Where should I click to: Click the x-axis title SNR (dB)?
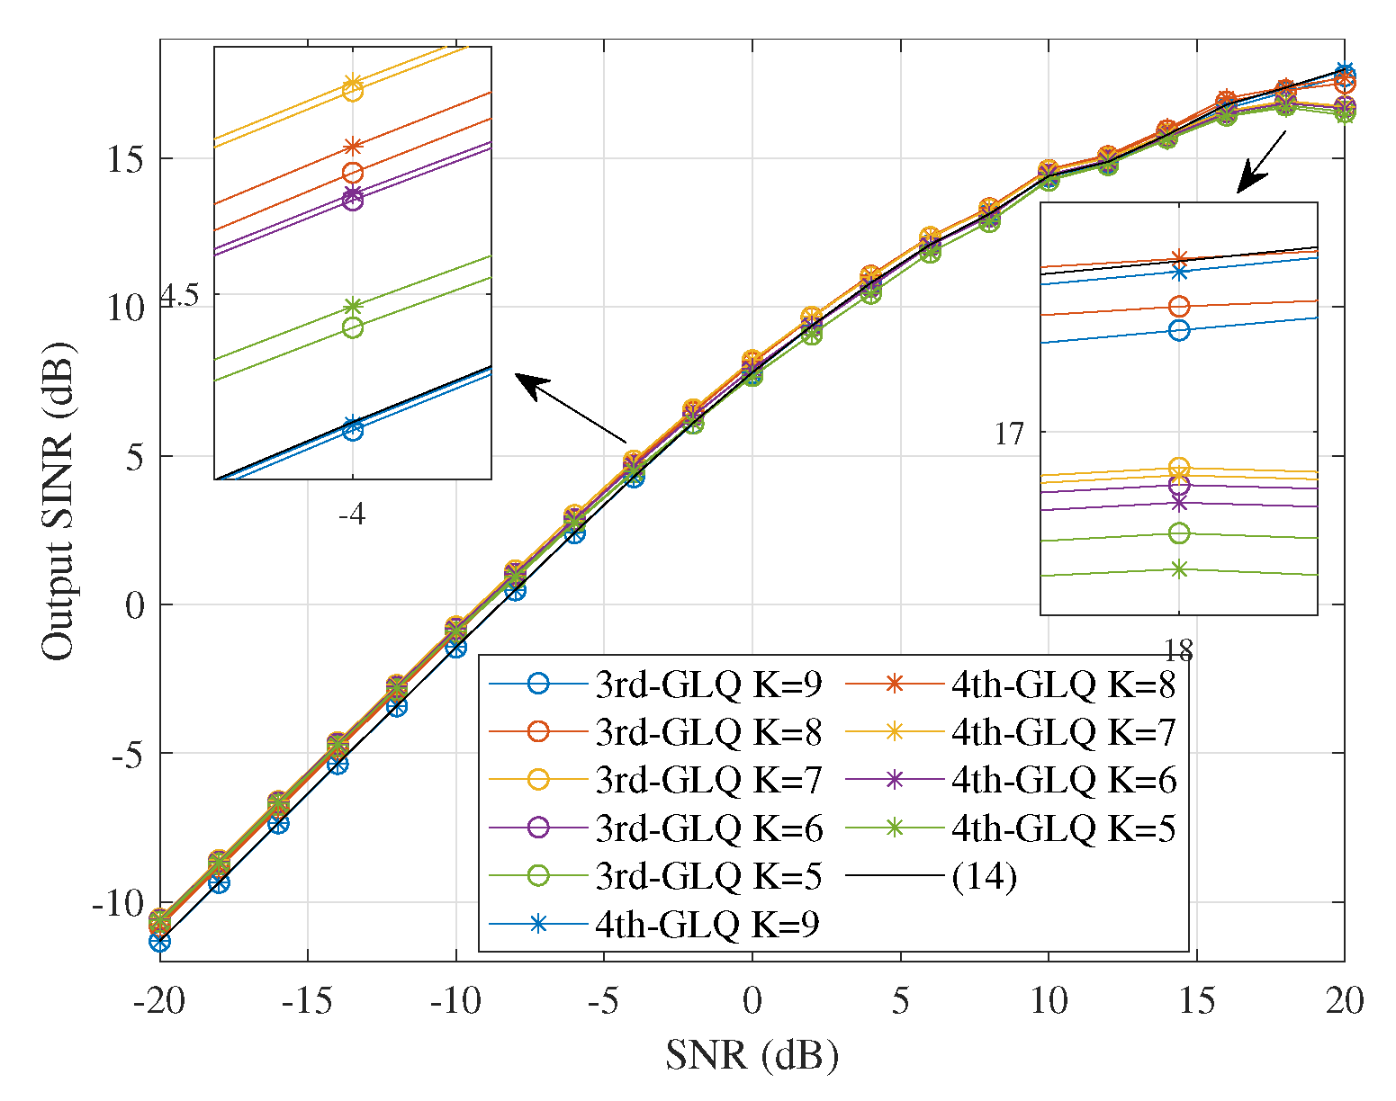[752, 1054]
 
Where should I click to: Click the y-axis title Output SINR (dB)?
[58, 500]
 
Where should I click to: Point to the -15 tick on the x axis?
[308, 1000]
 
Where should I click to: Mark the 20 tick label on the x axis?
[1344, 1000]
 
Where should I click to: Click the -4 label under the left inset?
[351, 515]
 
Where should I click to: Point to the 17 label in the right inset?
[1010, 434]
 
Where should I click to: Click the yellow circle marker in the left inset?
[353, 91]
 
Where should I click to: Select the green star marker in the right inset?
[1178, 568]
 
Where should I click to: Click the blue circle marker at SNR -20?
[160, 942]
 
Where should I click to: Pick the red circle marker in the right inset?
[1178, 307]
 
